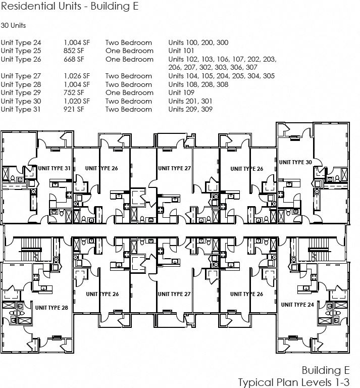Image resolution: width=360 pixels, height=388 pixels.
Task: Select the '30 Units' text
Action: coord(14,25)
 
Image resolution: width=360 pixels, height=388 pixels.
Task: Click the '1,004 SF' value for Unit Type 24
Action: coord(77,42)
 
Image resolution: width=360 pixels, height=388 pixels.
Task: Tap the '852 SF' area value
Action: coord(74,51)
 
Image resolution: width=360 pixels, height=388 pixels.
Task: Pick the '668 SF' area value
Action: coord(74,59)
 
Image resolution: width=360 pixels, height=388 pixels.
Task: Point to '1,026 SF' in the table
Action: coord(77,76)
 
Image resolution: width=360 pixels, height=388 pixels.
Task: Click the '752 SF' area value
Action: coord(74,92)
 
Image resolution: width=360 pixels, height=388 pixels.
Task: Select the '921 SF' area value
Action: coord(74,109)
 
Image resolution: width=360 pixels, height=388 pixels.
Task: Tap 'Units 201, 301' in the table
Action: coord(190,101)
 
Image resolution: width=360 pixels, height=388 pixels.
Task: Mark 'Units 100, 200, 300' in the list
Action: coord(198,42)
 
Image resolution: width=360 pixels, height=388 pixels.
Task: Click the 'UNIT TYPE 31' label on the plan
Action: coord(53,168)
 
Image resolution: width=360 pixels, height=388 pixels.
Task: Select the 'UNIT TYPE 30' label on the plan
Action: coord(295,162)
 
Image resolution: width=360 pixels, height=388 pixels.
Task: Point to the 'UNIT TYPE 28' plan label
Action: coord(52,307)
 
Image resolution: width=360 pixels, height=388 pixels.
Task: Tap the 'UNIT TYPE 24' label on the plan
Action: coord(297,305)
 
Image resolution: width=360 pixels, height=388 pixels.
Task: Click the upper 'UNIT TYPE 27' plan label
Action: coord(174,168)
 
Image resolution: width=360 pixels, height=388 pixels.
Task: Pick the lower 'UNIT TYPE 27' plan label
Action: coord(174,294)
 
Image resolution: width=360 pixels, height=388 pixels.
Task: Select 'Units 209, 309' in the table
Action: coord(190,109)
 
